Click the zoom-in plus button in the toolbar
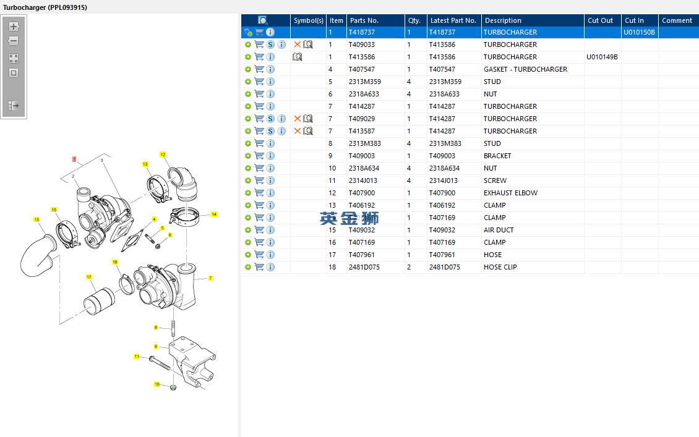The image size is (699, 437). tap(14, 27)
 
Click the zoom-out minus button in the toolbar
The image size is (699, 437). tap(14, 41)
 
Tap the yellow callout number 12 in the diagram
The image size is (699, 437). tap(163, 155)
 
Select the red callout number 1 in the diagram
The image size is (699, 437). tap(74, 159)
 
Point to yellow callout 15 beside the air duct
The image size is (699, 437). tap(36, 219)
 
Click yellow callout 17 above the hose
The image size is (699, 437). tap(89, 277)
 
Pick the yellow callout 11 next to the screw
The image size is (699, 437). tap(137, 357)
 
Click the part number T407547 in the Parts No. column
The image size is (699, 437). tap(361, 69)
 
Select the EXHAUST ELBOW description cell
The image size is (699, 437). tap(510, 193)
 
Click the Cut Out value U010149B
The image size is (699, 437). tap(602, 57)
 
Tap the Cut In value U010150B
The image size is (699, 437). tap(639, 32)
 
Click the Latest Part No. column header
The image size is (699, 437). tap(453, 20)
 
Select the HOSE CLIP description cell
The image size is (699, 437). tap(500, 267)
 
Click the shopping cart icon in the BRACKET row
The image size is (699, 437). tap(259, 156)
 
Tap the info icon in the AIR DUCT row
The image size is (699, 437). tap(270, 230)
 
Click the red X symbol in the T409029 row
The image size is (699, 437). tap(298, 119)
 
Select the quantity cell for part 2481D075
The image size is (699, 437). tap(409, 267)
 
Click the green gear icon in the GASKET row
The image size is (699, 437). tap(248, 69)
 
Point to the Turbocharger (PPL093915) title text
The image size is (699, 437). tap(45, 7)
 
